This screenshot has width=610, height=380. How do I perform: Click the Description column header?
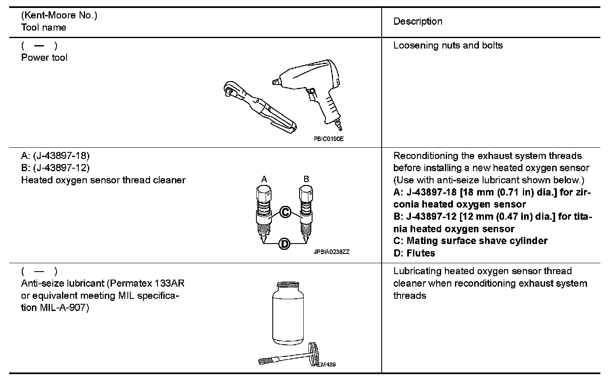[x=418, y=21]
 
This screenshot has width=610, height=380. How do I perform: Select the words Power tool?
[x=44, y=57]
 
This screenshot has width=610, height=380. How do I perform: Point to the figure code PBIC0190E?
[x=328, y=139]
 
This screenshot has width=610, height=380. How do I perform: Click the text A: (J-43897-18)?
[x=55, y=156]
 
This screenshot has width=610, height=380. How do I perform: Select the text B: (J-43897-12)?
[x=55, y=168]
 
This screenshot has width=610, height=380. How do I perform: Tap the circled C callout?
[x=285, y=212]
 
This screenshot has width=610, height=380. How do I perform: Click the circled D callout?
[x=284, y=244]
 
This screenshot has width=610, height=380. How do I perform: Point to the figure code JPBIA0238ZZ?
[x=331, y=252]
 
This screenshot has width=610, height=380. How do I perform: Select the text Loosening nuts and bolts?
[x=448, y=45]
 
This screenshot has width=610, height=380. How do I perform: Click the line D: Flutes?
[x=414, y=253]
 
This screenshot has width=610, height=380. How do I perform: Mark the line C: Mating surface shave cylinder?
[x=470, y=241]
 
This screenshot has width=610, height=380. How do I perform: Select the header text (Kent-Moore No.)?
[x=59, y=15]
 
